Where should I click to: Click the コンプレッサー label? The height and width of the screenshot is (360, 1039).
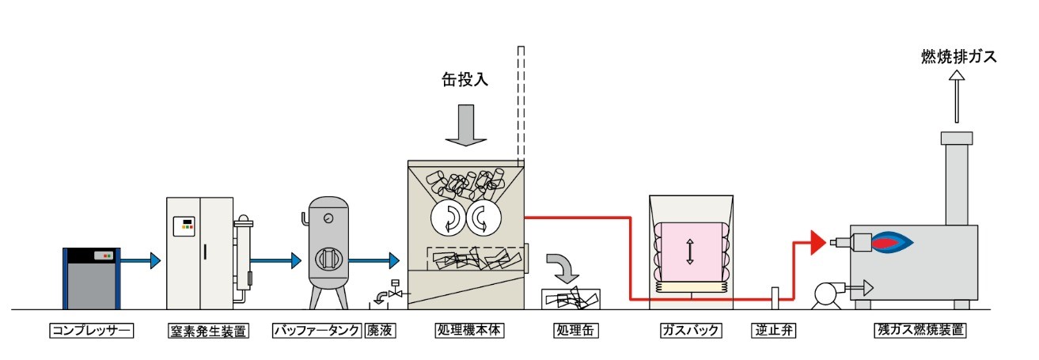click(x=91, y=331)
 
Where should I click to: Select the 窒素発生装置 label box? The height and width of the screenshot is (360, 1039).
click(x=208, y=331)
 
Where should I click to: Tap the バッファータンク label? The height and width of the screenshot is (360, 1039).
click(x=317, y=331)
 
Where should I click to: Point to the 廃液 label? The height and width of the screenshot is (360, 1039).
click(x=380, y=331)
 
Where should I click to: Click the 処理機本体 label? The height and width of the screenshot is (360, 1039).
click(x=469, y=331)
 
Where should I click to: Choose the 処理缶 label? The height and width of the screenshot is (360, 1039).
click(x=575, y=331)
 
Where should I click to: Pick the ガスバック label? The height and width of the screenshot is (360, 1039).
click(x=691, y=331)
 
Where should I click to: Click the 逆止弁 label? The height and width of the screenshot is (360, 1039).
click(x=773, y=331)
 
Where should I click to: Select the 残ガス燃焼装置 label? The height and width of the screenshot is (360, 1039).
click(x=920, y=331)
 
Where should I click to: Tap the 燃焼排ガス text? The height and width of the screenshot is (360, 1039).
click(x=958, y=57)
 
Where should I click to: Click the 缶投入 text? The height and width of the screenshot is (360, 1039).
click(x=465, y=80)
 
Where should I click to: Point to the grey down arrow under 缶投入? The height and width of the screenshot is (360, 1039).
click(x=466, y=125)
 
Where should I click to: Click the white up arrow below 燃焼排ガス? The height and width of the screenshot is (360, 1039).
click(x=957, y=97)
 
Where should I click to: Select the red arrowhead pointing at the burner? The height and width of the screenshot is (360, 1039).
click(x=817, y=242)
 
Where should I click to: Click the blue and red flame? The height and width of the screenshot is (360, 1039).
click(x=892, y=242)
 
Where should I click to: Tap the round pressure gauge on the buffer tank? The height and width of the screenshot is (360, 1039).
click(x=329, y=218)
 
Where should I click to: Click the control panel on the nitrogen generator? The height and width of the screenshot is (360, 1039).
click(x=184, y=226)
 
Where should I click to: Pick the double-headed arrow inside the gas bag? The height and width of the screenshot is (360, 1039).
click(x=690, y=252)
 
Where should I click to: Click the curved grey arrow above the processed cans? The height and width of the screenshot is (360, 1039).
click(x=563, y=268)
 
